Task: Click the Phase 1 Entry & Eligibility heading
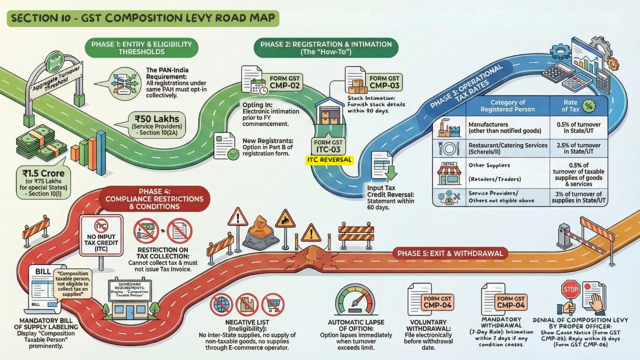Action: [141, 47]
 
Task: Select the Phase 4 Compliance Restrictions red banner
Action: [154, 198]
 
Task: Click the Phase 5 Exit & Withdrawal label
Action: [449, 253]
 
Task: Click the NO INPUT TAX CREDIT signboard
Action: [101, 236]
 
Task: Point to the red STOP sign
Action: [570, 289]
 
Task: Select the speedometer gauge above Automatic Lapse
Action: [354, 300]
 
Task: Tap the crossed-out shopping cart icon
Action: [272, 304]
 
